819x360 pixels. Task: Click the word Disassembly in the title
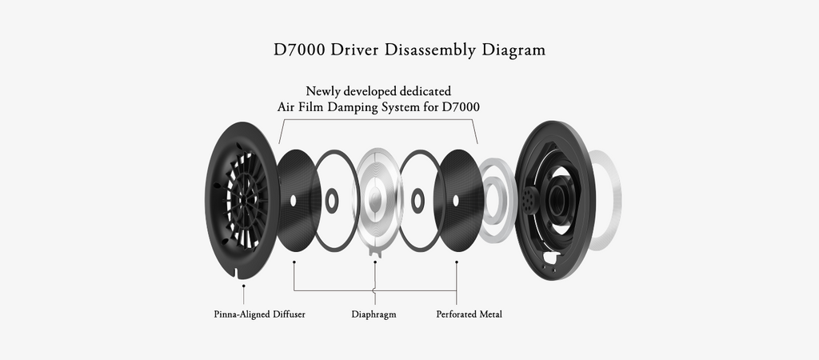click(x=431, y=50)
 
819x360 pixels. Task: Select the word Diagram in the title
click(x=513, y=50)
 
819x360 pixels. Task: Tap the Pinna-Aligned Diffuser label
click(x=259, y=314)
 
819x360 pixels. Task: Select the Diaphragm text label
click(x=374, y=314)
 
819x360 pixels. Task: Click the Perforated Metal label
click(x=469, y=314)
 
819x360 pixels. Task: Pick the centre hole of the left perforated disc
click(x=293, y=199)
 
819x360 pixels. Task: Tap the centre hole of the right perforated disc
click(x=457, y=199)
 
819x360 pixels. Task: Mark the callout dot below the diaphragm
click(x=374, y=261)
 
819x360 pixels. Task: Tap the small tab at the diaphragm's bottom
click(x=374, y=254)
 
